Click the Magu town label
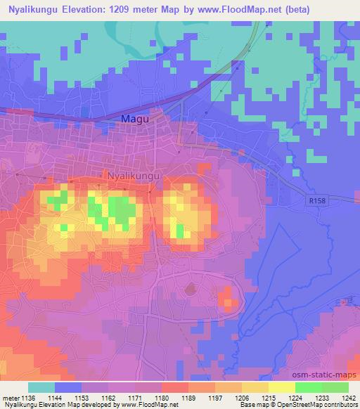(134, 119)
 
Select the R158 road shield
(317, 200)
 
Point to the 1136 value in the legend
(29, 397)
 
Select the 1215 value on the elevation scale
(269, 397)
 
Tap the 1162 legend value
(109, 397)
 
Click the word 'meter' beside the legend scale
(11, 397)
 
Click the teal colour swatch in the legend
(41, 387)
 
